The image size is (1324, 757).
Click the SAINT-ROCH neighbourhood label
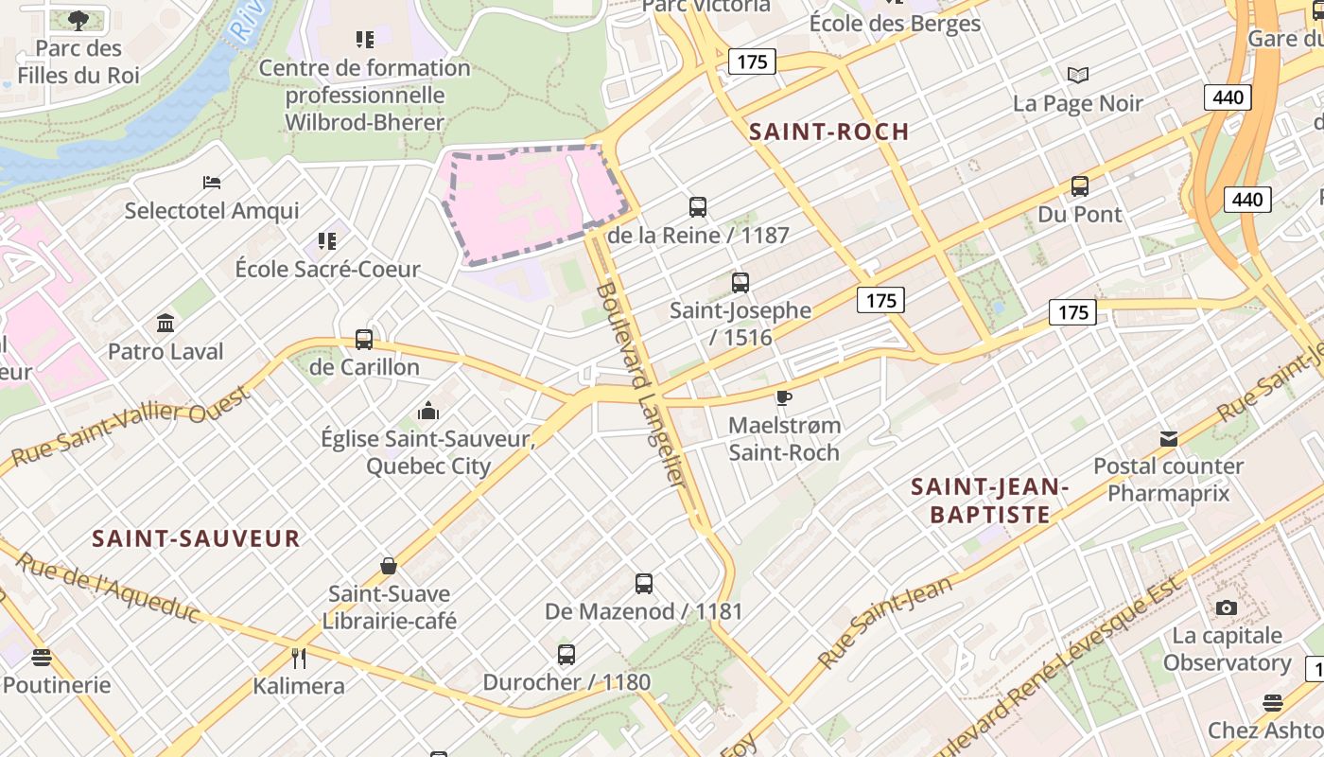point(828,132)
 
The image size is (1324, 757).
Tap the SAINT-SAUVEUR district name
point(196,538)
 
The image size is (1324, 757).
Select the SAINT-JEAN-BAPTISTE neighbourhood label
point(989,501)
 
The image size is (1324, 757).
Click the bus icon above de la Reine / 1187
point(698,206)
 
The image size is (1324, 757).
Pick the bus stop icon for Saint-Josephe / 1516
point(740,282)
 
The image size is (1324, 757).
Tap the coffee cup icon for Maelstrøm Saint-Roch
point(783,397)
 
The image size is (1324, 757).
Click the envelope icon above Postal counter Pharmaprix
point(1169,439)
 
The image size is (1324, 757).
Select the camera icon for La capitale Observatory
point(1227,607)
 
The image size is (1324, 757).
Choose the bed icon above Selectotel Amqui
point(212,182)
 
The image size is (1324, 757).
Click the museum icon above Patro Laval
point(165,324)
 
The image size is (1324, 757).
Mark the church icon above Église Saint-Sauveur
point(428,412)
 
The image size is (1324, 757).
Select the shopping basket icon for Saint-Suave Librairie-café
point(388,566)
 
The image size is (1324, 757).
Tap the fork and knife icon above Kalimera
point(299,658)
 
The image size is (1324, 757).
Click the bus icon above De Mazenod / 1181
point(644,583)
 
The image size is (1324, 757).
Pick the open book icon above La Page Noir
point(1077,75)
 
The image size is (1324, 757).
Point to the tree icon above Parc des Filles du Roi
point(78,19)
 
